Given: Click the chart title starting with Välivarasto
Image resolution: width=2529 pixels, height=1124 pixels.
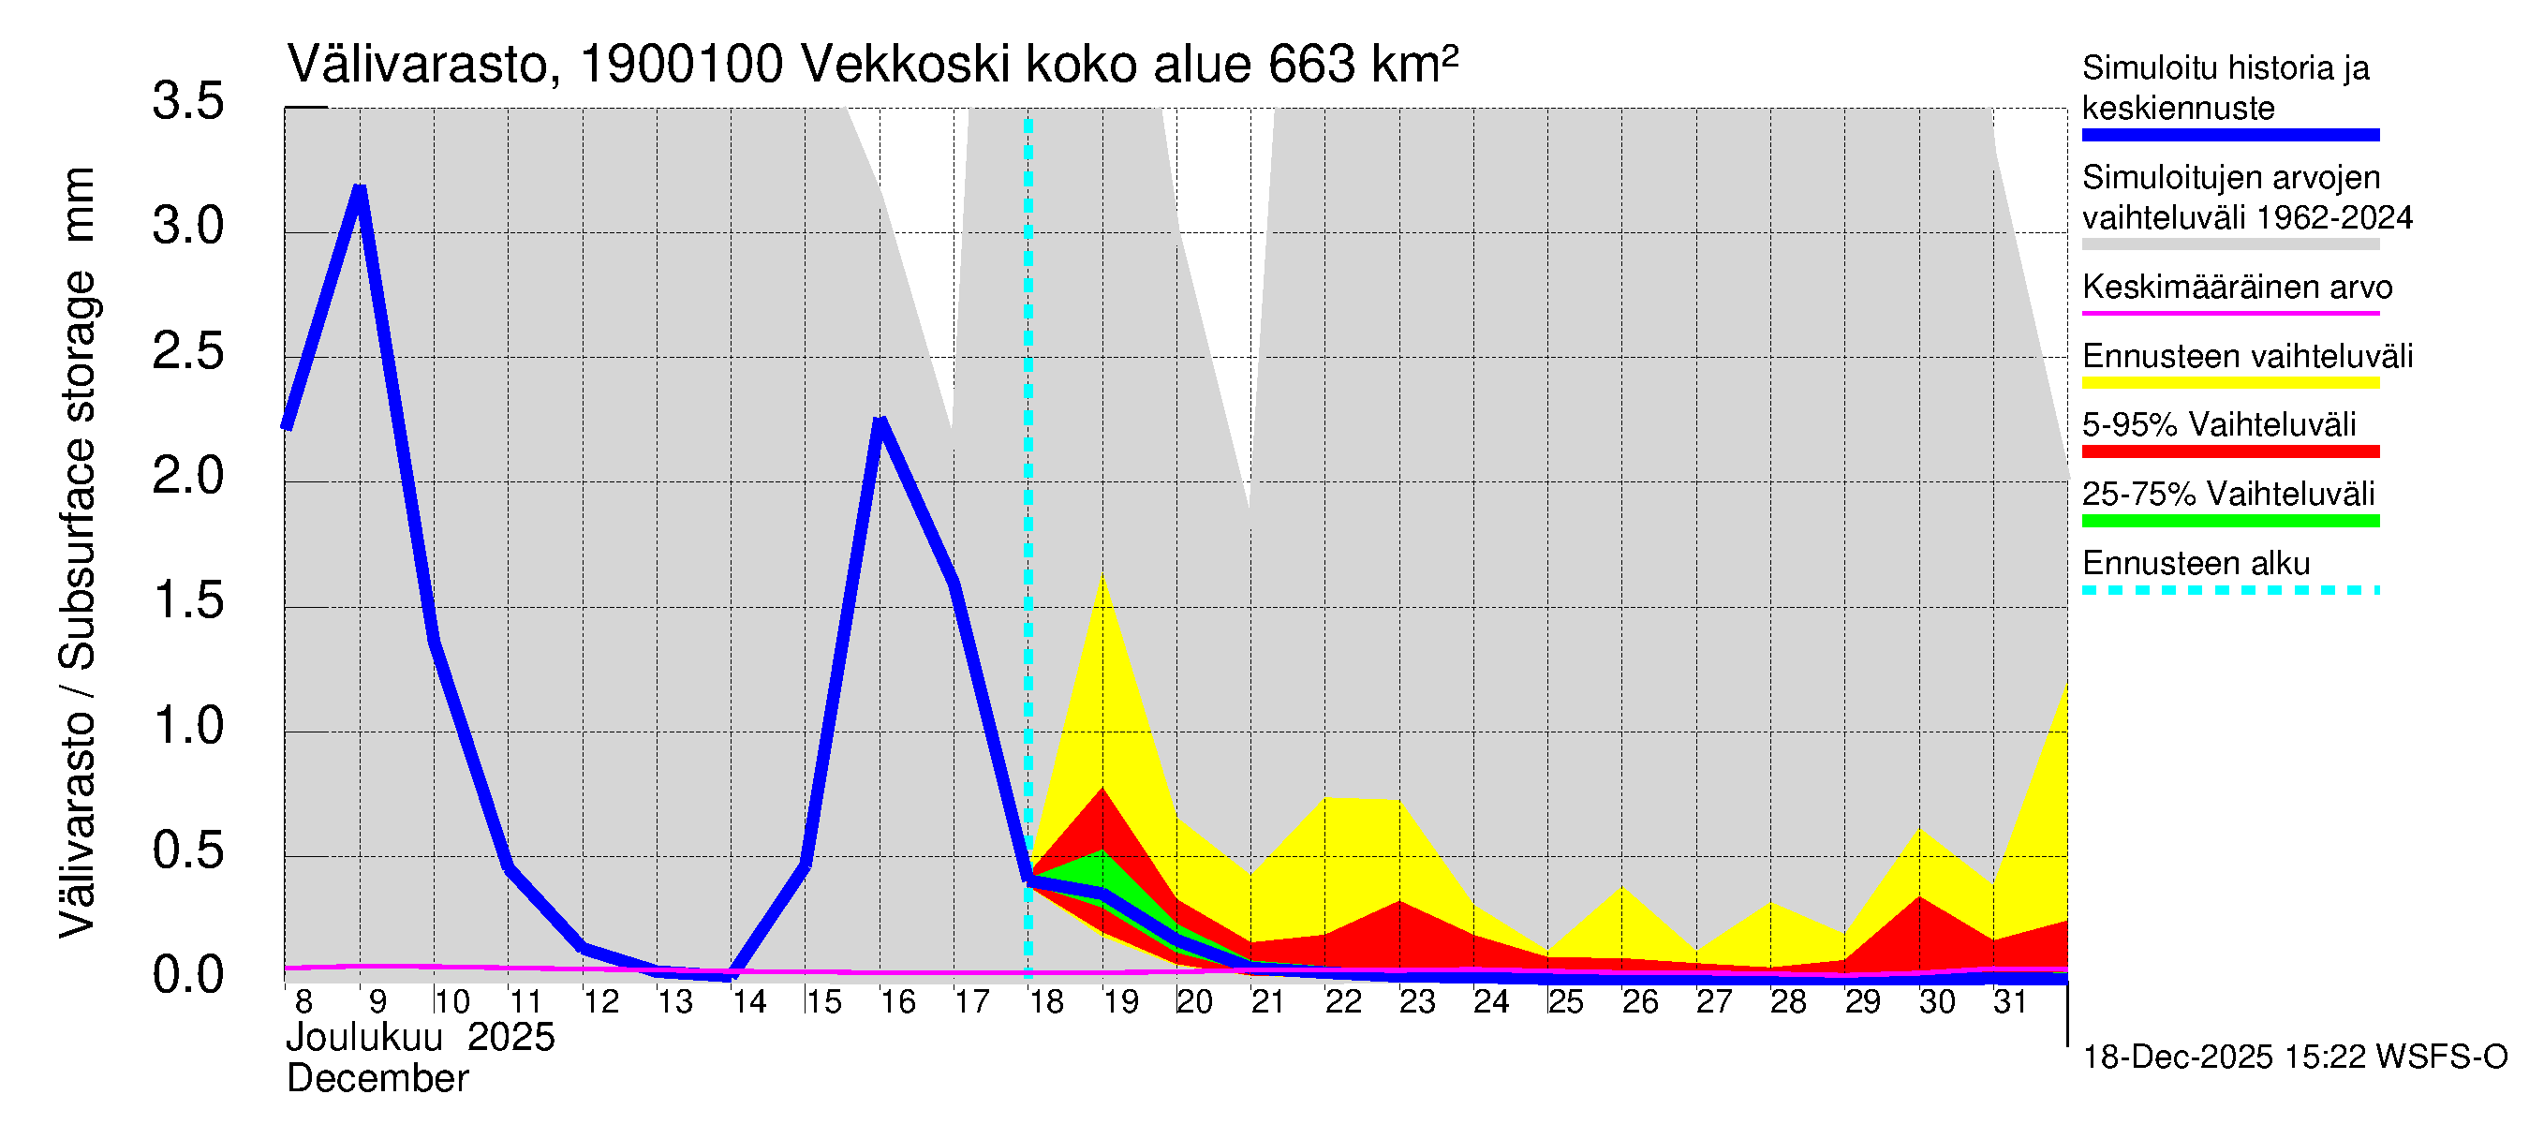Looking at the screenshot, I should (872, 65).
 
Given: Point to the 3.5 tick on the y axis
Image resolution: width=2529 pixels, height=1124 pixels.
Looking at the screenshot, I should (188, 102).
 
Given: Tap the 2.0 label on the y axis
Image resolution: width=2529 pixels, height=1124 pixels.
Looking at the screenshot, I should (188, 477).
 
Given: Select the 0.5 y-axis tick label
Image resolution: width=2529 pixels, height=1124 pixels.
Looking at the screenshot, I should (188, 851).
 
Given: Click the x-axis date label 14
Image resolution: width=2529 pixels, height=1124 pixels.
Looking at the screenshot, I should (749, 1002).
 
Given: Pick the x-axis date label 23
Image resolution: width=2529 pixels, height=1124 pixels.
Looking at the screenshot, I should (1416, 1002).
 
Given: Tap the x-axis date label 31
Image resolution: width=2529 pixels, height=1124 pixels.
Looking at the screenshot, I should (2011, 1002).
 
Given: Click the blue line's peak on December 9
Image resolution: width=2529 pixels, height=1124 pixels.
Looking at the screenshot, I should (361, 188).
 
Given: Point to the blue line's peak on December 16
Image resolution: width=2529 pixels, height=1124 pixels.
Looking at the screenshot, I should (880, 422).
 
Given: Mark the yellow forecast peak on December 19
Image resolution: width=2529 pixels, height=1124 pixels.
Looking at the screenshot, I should (1103, 576).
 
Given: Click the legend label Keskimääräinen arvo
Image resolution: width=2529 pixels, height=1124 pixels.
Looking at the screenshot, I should (2237, 288).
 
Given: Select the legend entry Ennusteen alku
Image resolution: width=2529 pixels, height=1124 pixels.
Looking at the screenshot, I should (2196, 565).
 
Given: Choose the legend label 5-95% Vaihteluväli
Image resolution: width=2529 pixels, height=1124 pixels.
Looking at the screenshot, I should (2218, 425).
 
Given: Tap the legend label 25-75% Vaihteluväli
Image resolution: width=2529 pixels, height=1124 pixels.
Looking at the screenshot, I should (2227, 494).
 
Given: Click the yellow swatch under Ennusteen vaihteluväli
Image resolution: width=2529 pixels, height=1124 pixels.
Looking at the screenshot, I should (2229, 383).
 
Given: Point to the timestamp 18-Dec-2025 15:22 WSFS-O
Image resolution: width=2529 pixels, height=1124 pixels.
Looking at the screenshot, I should (2294, 1057).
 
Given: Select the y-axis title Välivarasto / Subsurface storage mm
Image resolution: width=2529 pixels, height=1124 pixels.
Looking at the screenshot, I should (79, 552).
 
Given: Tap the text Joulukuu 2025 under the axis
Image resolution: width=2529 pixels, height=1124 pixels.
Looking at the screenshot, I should (421, 1038).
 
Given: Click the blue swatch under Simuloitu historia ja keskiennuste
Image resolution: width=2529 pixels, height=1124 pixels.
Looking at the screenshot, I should (2229, 136).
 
